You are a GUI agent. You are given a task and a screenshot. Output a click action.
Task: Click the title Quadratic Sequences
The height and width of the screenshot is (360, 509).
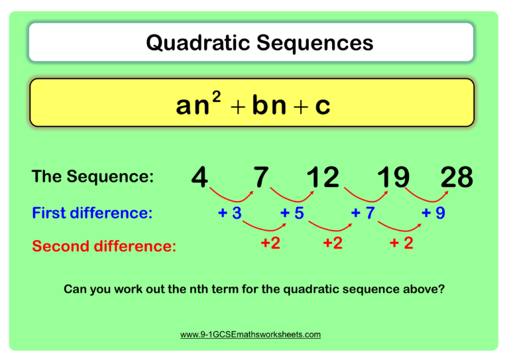pyautogui.click(x=259, y=43)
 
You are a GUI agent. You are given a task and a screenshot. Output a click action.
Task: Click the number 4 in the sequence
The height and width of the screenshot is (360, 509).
pyautogui.click(x=199, y=177)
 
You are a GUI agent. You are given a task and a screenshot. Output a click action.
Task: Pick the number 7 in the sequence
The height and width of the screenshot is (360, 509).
pyautogui.click(x=261, y=177)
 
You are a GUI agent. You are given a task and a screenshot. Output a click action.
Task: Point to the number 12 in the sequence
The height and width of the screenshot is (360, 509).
pyautogui.click(x=323, y=177)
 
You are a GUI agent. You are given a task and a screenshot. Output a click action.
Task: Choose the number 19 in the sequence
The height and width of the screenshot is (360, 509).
pyautogui.click(x=393, y=177)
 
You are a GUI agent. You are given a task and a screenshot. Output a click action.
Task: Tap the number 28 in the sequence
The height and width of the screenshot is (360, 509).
pyautogui.click(x=457, y=177)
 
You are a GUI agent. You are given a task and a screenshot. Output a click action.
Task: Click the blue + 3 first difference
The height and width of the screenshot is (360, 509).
pyautogui.click(x=229, y=213)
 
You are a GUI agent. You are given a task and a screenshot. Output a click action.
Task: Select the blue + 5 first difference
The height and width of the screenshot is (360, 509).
pyautogui.click(x=292, y=213)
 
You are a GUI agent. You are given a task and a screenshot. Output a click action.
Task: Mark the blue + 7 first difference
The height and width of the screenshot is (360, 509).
pyautogui.click(x=363, y=213)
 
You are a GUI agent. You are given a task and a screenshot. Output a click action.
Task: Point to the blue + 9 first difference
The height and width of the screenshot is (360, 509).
pyautogui.click(x=433, y=213)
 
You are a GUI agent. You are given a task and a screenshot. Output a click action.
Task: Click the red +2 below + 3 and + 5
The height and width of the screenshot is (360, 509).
pyautogui.click(x=270, y=243)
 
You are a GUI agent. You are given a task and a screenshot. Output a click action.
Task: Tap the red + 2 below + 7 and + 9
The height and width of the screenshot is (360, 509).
pyautogui.click(x=402, y=243)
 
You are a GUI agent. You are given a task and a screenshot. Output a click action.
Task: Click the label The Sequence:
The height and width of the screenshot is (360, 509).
pyautogui.click(x=93, y=177)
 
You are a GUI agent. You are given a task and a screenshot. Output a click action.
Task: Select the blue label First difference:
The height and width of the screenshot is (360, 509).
pyautogui.click(x=92, y=213)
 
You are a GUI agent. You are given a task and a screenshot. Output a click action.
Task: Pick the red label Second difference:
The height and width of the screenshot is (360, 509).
pyautogui.click(x=104, y=247)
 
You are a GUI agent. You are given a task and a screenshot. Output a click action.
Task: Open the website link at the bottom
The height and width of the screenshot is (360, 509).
pyautogui.click(x=251, y=335)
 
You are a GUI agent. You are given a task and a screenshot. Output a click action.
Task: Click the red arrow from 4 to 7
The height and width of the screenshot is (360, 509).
pyautogui.click(x=231, y=198)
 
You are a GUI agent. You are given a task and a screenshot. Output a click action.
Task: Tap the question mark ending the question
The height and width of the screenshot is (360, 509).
pyautogui.click(x=441, y=289)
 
